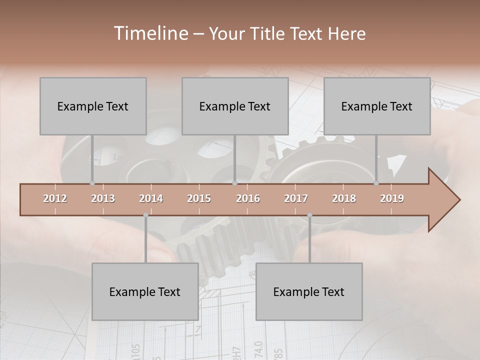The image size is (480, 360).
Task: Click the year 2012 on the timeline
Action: click(x=55, y=198)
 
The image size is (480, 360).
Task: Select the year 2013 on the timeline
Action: click(x=103, y=198)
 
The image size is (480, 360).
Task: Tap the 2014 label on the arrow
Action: click(x=151, y=198)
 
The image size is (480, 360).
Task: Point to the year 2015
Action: click(x=199, y=198)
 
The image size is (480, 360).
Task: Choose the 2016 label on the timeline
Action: click(x=248, y=198)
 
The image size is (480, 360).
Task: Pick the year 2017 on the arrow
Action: click(x=296, y=198)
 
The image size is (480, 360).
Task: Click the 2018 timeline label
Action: click(x=344, y=198)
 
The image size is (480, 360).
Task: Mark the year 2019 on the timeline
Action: click(x=392, y=198)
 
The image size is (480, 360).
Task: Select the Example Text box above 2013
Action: click(x=93, y=106)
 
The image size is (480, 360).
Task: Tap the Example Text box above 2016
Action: click(x=235, y=106)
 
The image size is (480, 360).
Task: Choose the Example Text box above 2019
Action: click(x=377, y=106)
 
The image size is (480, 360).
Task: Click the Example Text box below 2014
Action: click(x=145, y=291)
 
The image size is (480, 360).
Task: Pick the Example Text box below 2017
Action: click(x=309, y=291)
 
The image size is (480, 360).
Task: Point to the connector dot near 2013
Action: click(x=92, y=183)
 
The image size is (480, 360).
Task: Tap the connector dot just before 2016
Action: click(x=235, y=183)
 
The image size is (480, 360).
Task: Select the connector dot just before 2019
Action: click(x=376, y=183)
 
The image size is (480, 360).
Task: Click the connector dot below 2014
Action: click(x=145, y=215)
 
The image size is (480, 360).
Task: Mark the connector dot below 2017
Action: click(x=309, y=215)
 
